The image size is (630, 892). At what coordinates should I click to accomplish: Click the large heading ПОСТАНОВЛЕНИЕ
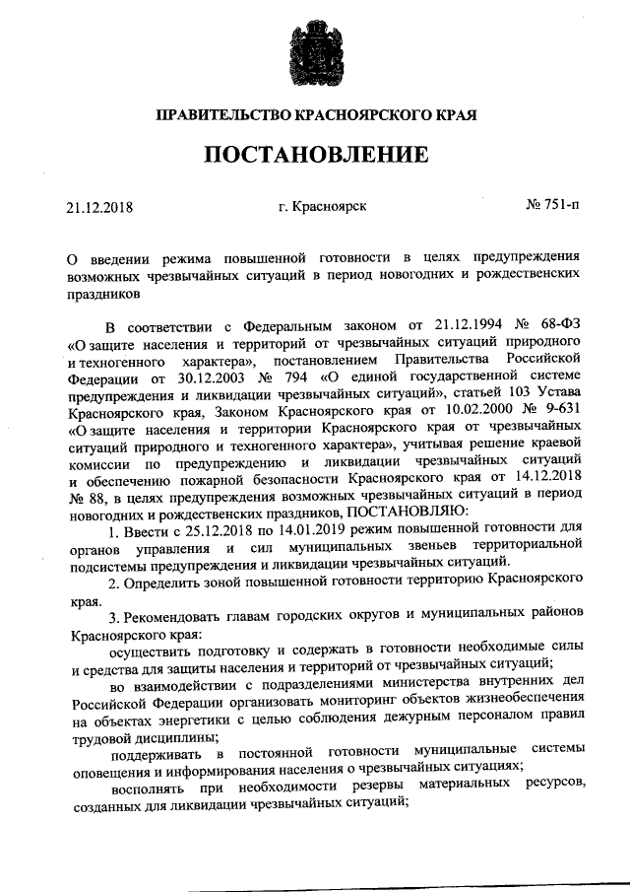316,155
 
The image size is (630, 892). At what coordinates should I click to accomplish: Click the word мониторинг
388,702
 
